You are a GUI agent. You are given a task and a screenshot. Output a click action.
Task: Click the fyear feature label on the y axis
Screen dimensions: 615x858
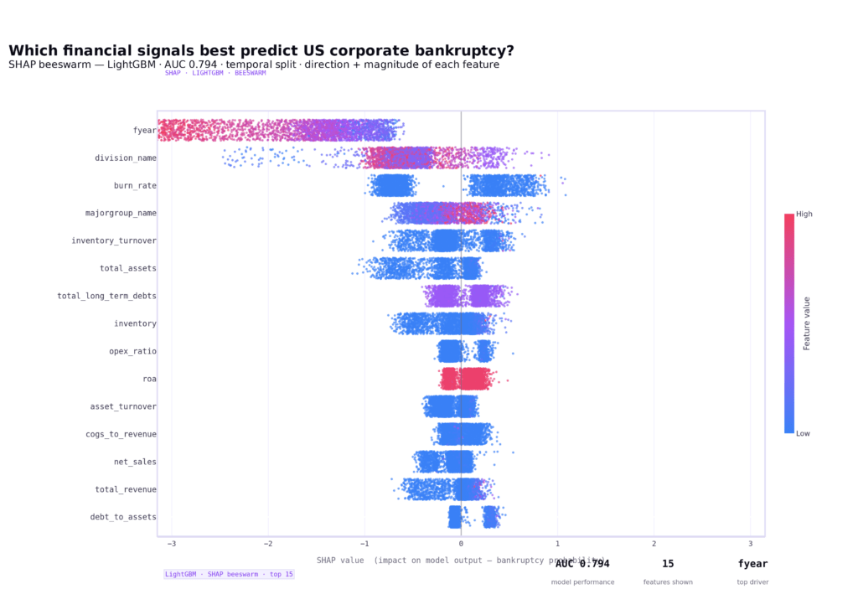(x=144, y=130)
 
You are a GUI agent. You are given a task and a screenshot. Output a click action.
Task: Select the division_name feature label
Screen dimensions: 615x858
(x=125, y=158)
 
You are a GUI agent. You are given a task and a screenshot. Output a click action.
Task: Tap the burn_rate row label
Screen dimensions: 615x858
(x=135, y=185)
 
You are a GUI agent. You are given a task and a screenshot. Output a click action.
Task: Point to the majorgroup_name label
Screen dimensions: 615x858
(x=121, y=213)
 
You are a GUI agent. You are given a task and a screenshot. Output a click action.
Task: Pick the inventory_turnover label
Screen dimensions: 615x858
(x=114, y=240)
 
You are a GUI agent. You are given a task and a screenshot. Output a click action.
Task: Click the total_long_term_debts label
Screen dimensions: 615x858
(x=106, y=296)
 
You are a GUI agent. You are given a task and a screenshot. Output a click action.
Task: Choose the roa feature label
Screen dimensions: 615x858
(x=149, y=379)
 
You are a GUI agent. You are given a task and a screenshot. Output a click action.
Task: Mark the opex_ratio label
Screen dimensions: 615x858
(x=132, y=351)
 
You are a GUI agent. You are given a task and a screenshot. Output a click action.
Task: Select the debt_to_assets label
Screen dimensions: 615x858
(x=123, y=517)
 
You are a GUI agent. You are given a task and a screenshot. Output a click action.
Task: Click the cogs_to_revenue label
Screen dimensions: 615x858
(x=121, y=434)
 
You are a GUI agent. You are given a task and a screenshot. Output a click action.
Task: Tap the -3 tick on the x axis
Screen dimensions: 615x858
(x=172, y=544)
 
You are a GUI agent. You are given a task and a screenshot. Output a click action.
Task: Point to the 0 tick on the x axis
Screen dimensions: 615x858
(x=461, y=544)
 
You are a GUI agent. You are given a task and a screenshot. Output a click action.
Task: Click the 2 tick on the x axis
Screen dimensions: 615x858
(x=654, y=544)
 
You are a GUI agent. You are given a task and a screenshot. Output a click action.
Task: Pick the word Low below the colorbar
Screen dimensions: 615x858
(x=804, y=433)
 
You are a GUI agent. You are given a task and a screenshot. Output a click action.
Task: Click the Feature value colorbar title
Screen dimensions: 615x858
(x=807, y=323)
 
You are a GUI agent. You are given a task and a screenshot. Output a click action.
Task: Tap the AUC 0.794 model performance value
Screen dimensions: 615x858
(x=582, y=564)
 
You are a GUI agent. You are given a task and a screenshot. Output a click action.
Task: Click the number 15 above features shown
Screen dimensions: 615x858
(x=668, y=564)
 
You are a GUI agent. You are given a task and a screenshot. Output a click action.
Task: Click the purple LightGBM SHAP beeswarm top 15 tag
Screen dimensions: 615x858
(x=229, y=574)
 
